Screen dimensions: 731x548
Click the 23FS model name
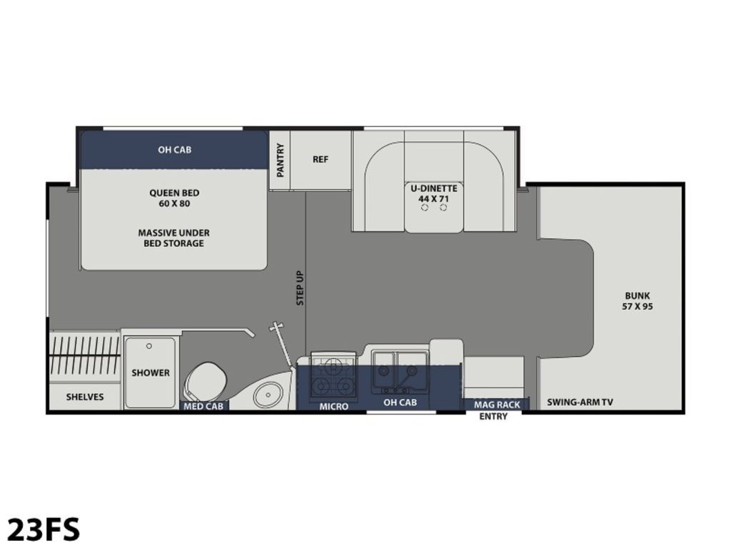[x=44, y=529]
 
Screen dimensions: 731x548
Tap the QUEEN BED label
[x=174, y=193]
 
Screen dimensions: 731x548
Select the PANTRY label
[x=280, y=161]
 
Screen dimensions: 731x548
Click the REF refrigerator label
[x=321, y=159]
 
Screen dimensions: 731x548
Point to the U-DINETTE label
[x=433, y=188]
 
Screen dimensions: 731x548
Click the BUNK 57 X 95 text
[x=637, y=301]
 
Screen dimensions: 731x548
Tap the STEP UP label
[x=301, y=288]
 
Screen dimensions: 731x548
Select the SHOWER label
[x=150, y=372]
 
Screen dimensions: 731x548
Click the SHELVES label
[x=85, y=397]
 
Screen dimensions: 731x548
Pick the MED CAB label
[x=203, y=406]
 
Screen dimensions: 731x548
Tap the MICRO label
[x=334, y=407]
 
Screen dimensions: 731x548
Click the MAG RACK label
[x=497, y=405]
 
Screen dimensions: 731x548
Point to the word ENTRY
[x=493, y=416]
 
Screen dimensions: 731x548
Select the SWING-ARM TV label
[x=580, y=402]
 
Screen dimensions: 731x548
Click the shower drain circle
[x=149, y=346]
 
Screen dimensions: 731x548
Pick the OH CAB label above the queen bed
[x=174, y=150]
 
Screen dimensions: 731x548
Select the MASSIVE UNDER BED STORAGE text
[x=174, y=238]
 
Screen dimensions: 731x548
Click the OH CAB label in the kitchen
[x=400, y=402]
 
